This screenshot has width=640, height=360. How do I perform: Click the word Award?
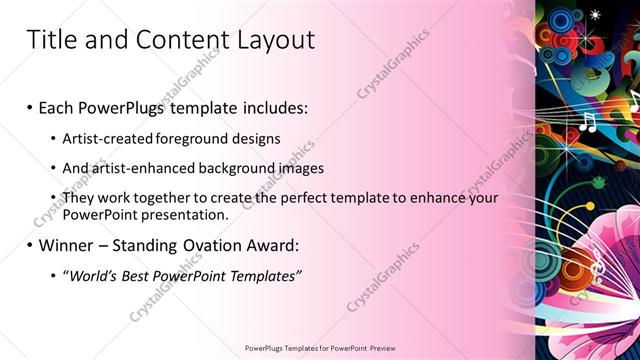coord(273,246)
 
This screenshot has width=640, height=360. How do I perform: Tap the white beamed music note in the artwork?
coord(587,122)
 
